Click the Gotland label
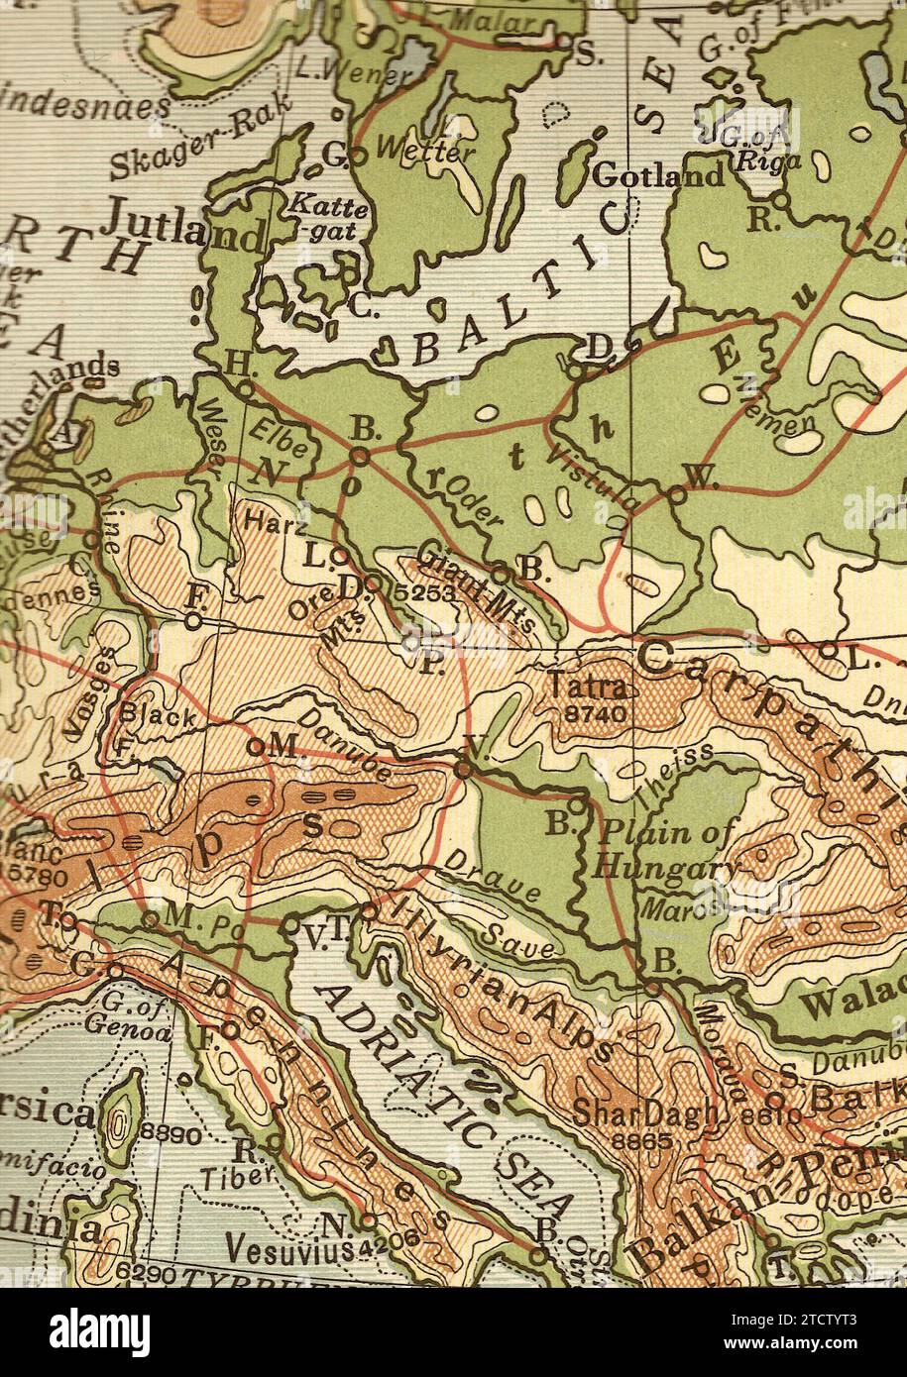[658, 176]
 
